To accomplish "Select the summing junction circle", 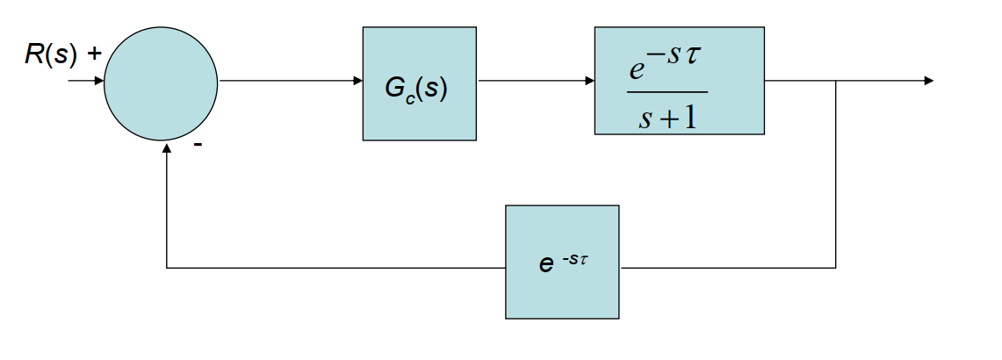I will (x=161, y=83).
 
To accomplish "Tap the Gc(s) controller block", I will (x=419, y=83).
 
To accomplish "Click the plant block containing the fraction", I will (x=679, y=80).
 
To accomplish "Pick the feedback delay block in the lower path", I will (x=562, y=262).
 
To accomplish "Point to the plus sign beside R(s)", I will (x=94, y=54).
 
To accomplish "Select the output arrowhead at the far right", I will (x=928, y=81).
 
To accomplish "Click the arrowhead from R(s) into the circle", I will (x=98, y=81).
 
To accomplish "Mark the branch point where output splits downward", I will (x=835, y=81).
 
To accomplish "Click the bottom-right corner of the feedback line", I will (x=835, y=267).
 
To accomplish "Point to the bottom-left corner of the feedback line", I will (x=167, y=267).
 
